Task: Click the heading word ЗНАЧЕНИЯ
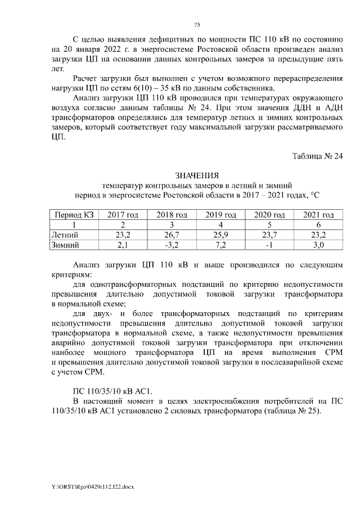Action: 197,177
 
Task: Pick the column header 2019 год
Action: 220,215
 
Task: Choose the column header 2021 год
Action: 318,215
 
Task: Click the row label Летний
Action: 65,235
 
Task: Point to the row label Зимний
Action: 65,245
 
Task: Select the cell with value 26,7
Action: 172,235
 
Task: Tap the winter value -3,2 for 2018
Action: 172,245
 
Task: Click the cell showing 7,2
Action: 220,245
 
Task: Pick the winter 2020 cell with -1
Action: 269,245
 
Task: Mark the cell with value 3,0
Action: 318,245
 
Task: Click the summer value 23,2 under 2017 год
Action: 123,235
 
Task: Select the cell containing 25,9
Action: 220,235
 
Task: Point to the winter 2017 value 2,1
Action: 123,245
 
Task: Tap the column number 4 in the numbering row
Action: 220,225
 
